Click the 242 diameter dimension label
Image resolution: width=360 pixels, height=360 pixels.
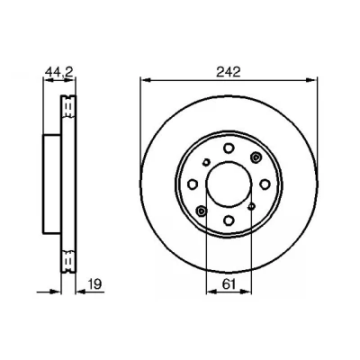(229, 72)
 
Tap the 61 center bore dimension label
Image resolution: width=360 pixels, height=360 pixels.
(229, 283)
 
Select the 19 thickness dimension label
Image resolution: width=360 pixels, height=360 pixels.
(95, 283)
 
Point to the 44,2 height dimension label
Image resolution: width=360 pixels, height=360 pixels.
(59, 72)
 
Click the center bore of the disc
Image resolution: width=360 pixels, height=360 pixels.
(229, 184)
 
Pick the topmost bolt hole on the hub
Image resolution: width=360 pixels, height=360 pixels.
(229, 148)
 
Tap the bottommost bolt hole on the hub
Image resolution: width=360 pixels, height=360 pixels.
(229, 220)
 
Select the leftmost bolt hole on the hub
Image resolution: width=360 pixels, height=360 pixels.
(193, 184)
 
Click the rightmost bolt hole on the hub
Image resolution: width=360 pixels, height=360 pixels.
(265, 184)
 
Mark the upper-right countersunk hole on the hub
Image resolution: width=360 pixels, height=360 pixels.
(256, 157)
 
